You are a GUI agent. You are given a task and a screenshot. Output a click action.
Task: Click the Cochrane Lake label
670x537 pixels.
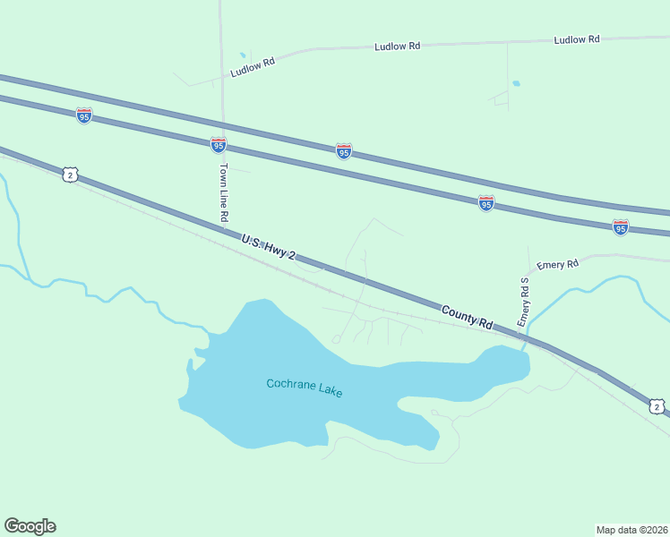(305, 388)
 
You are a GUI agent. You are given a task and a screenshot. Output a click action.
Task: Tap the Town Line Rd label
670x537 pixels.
(224, 192)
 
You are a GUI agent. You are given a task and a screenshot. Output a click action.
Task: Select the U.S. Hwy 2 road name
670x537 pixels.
(268, 248)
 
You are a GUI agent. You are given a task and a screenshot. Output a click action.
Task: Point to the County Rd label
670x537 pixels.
(468, 318)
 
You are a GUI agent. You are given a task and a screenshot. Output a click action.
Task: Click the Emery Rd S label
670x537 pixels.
(525, 302)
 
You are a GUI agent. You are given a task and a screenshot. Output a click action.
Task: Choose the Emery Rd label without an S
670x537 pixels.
(558, 262)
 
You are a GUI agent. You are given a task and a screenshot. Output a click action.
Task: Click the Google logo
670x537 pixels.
(30, 526)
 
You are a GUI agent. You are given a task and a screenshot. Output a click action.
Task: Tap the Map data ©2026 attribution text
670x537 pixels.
(631, 530)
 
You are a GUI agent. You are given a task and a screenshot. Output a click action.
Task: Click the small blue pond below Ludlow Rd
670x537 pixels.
(516, 84)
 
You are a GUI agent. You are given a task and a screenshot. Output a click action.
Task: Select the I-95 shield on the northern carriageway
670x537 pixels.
(344, 151)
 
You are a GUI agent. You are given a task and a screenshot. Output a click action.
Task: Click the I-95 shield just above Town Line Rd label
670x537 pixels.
(218, 144)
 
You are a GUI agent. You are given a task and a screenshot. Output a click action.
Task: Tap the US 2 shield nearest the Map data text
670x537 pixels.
(657, 407)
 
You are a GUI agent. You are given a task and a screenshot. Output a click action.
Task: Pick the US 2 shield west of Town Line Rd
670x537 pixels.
(70, 175)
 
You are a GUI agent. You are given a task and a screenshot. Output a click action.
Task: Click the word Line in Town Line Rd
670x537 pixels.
(224, 192)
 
